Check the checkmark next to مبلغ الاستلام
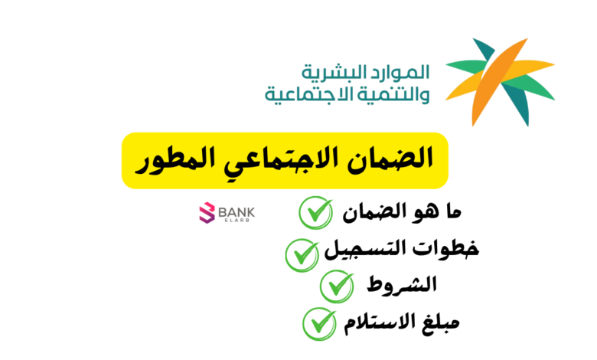point(320,324)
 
